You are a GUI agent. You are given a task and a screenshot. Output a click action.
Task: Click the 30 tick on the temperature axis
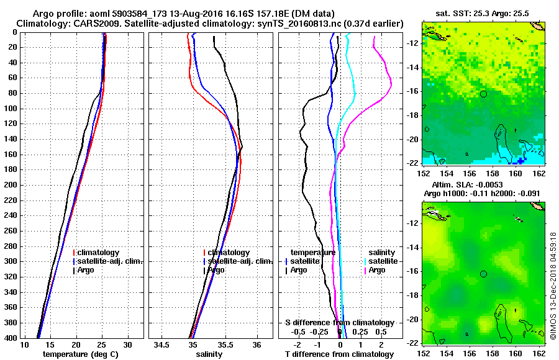[127, 344]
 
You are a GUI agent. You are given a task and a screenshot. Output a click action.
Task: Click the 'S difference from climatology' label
[340, 323]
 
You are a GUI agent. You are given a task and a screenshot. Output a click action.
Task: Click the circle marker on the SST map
[483, 94]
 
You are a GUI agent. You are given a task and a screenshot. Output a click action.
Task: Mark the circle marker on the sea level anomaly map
[483, 274]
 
